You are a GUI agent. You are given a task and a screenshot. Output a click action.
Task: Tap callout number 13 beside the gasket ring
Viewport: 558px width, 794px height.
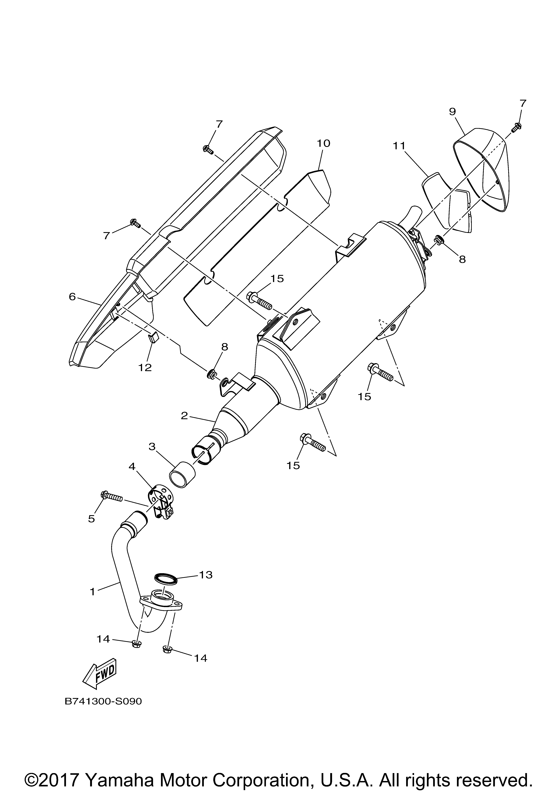pos(206,575)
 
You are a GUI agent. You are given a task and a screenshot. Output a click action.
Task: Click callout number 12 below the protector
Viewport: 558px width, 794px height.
pos(145,368)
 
